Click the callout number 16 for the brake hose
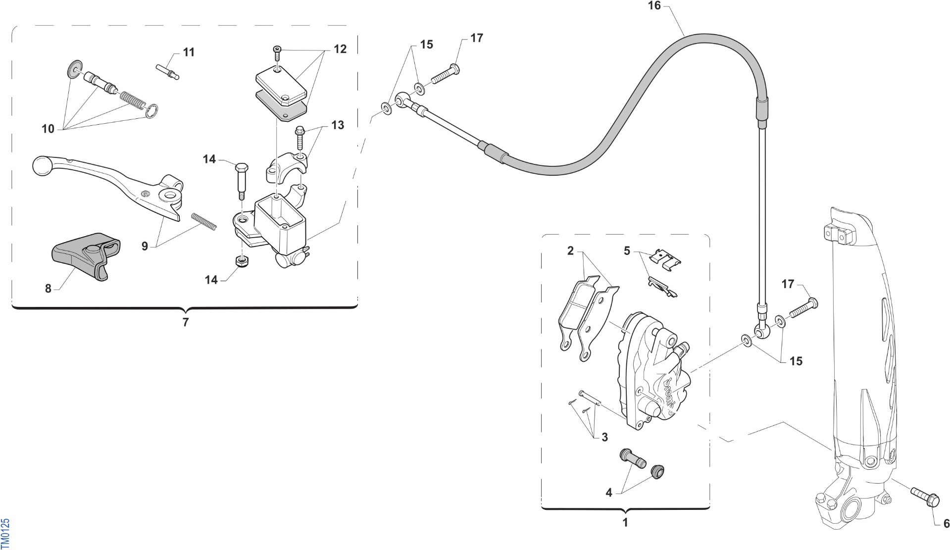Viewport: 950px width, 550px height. [654, 6]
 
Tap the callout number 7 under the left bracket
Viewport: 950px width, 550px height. [186, 322]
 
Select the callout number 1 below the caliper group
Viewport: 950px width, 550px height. [625, 522]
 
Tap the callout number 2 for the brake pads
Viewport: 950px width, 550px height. [570, 251]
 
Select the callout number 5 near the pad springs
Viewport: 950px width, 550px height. [627, 251]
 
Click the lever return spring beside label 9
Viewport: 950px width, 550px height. [204, 221]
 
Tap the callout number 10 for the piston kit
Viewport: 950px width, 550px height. [48, 129]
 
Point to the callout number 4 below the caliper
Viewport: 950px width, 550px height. [609, 493]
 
